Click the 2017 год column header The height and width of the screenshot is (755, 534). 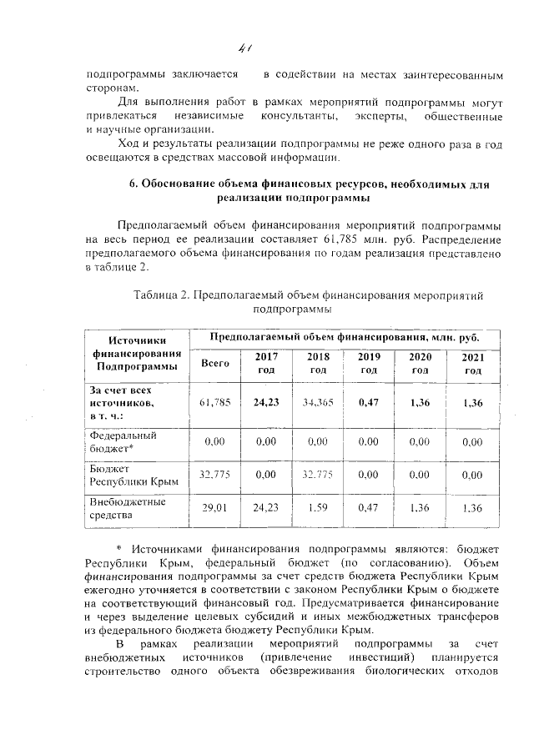click(x=265, y=363)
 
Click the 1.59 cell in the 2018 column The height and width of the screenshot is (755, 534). click(x=317, y=507)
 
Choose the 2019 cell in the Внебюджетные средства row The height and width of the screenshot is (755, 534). click(x=369, y=507)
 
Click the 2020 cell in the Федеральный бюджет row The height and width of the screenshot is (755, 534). click(x=421, y=441)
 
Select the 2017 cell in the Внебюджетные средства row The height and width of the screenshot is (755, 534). click(x=265, y=507)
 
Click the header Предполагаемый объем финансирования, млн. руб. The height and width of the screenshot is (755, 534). click(x=343, y=337)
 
